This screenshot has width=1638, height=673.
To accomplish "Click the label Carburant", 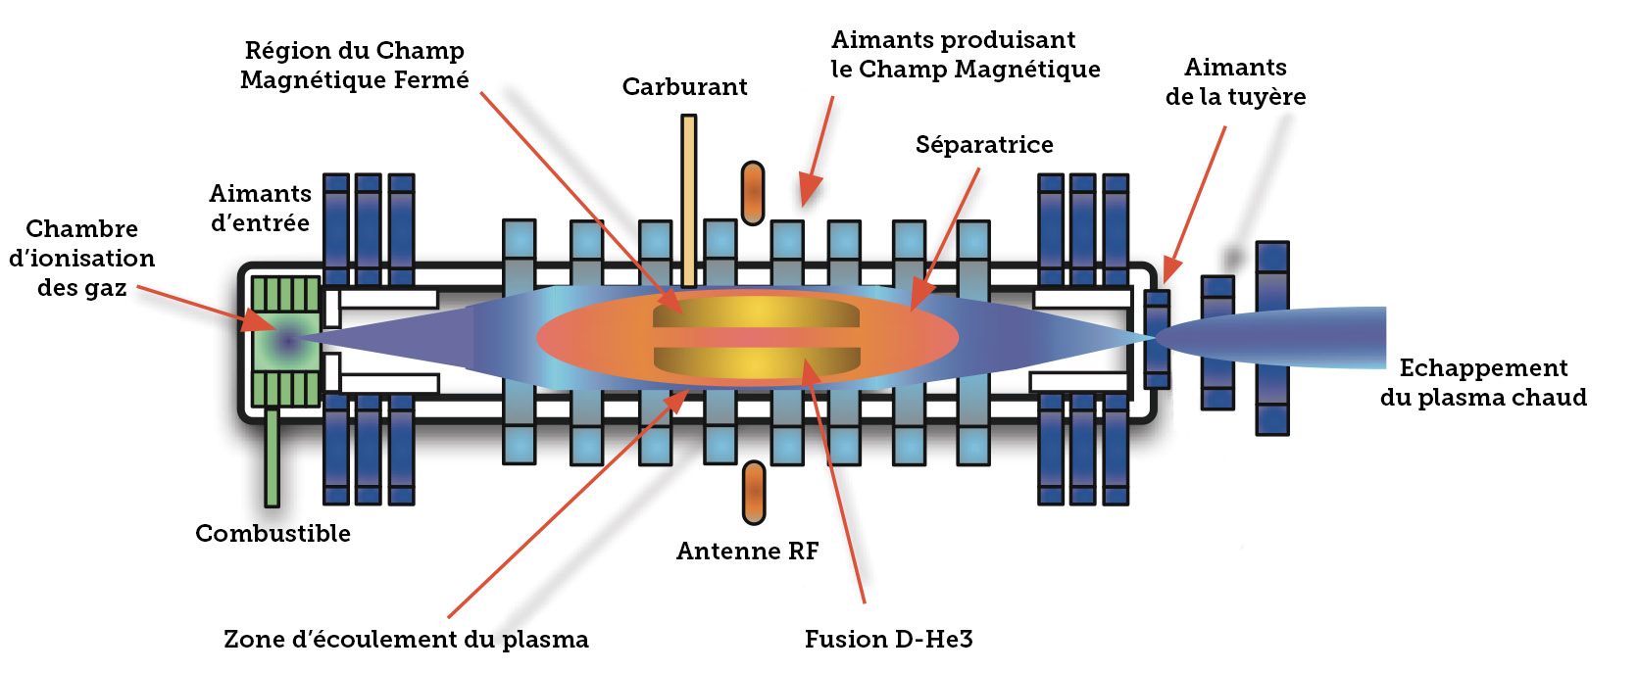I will click(x=684, y=87).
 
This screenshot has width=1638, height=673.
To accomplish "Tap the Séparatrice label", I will click(x=983, y=145).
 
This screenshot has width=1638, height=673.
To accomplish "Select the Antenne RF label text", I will click(x=747, y=552).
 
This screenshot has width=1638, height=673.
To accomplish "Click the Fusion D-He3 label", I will click(x=888, y=640).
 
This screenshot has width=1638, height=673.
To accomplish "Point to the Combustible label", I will click(x=273, y=534).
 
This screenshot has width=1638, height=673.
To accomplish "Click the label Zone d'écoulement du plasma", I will click(x=406, y=640).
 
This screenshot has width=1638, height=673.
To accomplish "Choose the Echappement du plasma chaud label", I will click(x=1482, y=383).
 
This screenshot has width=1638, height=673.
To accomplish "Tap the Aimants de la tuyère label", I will click(x=1235, y=82).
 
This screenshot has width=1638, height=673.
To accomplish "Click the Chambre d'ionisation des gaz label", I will click(x=81, y=258).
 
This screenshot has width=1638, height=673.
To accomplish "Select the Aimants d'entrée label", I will click(x=260, y=209).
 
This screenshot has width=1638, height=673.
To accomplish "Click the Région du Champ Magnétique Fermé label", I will click(x=354, y=66).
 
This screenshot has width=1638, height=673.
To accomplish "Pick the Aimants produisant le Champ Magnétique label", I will click(x=965, y=55).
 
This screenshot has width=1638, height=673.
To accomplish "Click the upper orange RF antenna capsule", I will click(x=753, y=193).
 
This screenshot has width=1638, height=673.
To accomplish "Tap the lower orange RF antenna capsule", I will click(x=753, y=492).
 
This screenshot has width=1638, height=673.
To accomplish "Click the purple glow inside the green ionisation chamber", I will click(x=287, y=342).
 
